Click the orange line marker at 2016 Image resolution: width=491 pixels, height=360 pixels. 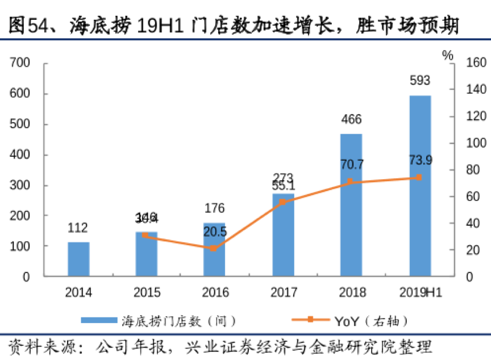214,248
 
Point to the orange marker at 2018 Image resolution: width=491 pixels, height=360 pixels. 350,181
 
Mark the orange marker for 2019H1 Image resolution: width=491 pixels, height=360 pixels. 419,177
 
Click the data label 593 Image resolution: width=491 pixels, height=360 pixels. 419,80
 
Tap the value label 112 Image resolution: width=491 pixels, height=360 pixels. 78,228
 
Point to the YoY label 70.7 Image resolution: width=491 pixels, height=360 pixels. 351,165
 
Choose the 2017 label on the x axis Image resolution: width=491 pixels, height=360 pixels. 283,293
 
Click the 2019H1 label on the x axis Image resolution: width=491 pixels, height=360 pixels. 421,293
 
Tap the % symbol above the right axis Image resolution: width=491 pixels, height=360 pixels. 448,55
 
